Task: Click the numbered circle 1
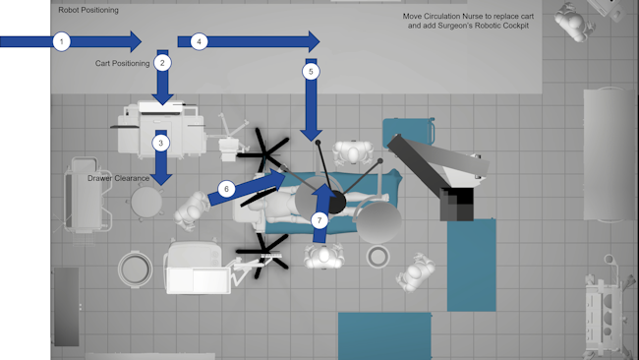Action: [x=62, y=41]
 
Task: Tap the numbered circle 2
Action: [x=163, y=62]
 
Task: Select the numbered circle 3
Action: [x=161, y=143]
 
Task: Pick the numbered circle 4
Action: [x=200, y=41]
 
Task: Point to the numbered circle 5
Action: [x=312, y=72]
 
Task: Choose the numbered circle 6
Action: [x=225, y=188]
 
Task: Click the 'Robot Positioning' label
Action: [x=88, y=11]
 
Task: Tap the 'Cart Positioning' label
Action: [x=122, y=63]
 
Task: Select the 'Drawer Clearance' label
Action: [x=118, y=179]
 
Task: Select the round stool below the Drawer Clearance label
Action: [x=146, y=202]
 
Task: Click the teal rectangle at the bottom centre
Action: [x=384, y=335]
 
